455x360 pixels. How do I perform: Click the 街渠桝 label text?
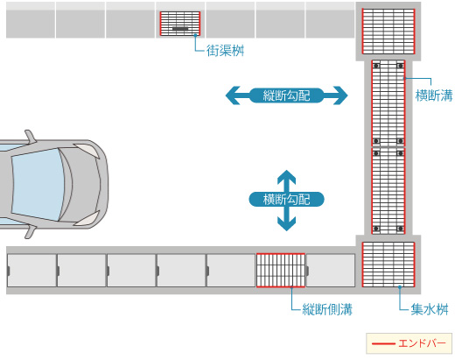coord(225,51)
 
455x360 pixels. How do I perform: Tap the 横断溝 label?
coord(434,95)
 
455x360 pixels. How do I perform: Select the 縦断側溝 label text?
coord(327,309)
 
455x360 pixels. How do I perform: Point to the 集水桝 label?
coord(430,309)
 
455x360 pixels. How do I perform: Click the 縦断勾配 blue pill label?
coord(286,95)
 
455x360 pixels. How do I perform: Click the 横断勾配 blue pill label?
coord(286,200)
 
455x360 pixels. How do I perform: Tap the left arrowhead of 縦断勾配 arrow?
coord(234,95)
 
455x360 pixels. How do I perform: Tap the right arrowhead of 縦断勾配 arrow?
coord(340,95)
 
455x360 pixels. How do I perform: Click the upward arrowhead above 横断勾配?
coord(286,177)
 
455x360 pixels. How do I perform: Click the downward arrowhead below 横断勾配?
coord(286,224)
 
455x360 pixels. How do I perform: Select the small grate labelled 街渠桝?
coord(180,24)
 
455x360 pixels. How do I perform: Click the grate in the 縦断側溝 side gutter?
coord(281,271)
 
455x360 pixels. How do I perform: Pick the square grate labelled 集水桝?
coord(388,265)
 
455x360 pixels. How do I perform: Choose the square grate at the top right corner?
coord(388,32)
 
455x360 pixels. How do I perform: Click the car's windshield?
coord(38,185)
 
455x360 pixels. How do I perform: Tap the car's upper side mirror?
coord(30,137)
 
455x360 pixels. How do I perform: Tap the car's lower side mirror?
coord(30,232)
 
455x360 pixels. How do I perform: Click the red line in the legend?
coord(383,343)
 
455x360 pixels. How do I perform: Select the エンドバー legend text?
coord(422,343)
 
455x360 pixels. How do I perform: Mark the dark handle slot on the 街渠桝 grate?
coord(180,29)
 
